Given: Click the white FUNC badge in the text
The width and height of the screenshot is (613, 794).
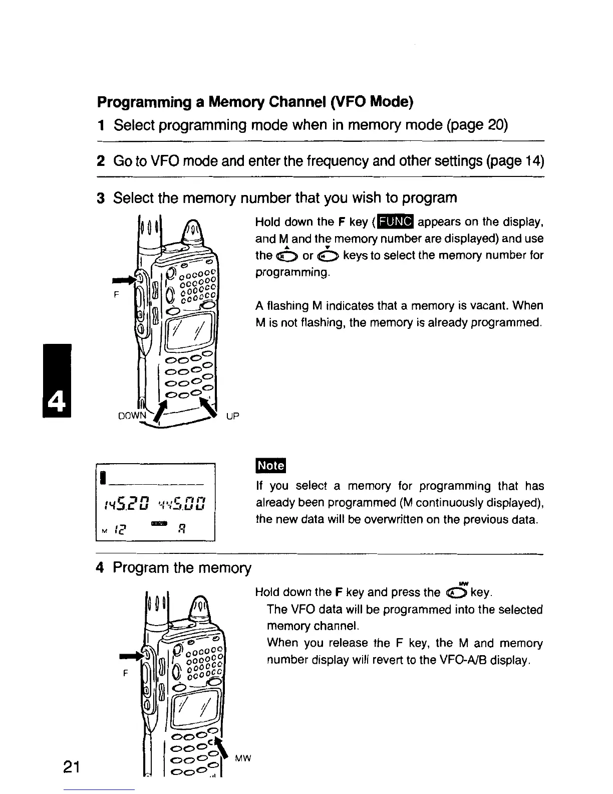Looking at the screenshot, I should [x=396, y=222].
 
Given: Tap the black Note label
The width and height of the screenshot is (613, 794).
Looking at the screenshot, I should [x=270, y=466].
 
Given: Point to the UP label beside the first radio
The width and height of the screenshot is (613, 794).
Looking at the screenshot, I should [x=233, y=416].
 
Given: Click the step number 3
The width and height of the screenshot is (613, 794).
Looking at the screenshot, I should [x=100, y=198].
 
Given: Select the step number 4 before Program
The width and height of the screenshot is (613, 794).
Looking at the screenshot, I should [x=100, y=568].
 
